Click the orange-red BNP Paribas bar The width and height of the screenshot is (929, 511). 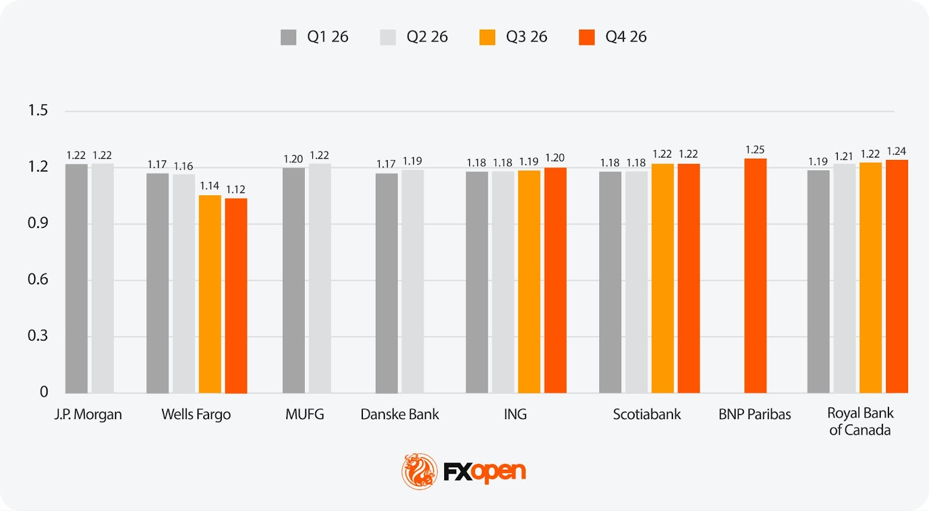tap(755, 276)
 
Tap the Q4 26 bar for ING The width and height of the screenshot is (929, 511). tap(555, 280)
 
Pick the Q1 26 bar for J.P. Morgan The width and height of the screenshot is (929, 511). tap(76, 278)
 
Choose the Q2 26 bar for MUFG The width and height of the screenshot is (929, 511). tap(320, 278)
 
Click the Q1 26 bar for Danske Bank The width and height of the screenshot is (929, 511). tap(386, 283)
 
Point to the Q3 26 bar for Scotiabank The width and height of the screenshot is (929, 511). tap(662, 278)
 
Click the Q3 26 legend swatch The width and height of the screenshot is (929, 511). tap(487, 37)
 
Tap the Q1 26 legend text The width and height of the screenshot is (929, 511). tap(327, 37)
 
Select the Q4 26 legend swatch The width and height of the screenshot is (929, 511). tap(586, 37)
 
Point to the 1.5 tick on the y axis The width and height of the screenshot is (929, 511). tap(38, 110)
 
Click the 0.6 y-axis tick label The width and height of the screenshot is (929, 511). tap(38, 280)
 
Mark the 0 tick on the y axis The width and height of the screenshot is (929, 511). tap(44, 392)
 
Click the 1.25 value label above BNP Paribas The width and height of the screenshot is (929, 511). tap(755, 150)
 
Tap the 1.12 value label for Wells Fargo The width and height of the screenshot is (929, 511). tap(235, 190)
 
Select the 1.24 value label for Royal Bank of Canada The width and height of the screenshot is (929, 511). tap(896, 151)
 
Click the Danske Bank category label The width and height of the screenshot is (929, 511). tap(399, 414)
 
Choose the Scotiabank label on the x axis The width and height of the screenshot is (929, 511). tap(647, 414)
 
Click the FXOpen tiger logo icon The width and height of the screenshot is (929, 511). tap(419, 471)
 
